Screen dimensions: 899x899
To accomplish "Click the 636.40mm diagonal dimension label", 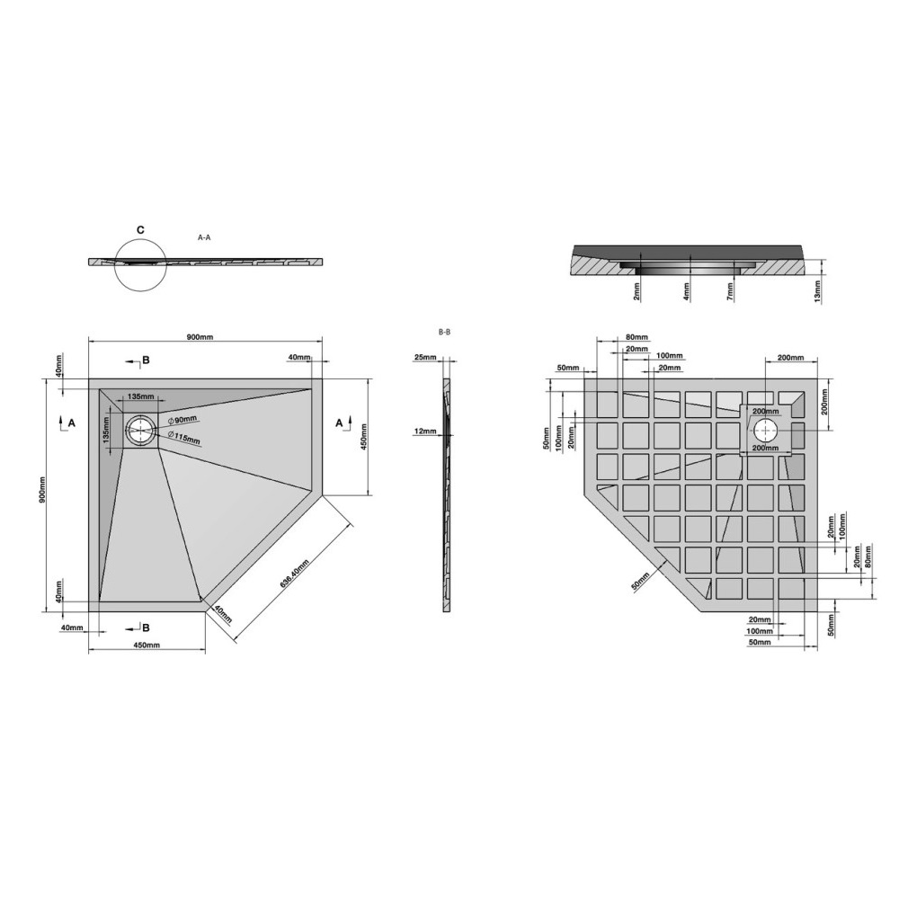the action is tap(294, 573).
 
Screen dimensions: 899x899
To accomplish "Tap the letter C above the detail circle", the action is tap(140, 230).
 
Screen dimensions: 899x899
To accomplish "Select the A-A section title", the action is tap(204, 237).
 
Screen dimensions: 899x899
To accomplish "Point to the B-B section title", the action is tap(444, 332).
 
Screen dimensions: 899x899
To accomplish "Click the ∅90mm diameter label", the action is tap(182, 419).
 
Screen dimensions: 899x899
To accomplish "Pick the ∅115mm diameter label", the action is tap(184, 438).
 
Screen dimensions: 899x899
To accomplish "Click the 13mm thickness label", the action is tap(817, 290).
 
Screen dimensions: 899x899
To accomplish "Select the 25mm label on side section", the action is tap(425, 358).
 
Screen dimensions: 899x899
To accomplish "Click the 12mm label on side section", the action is tap(425, 432).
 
